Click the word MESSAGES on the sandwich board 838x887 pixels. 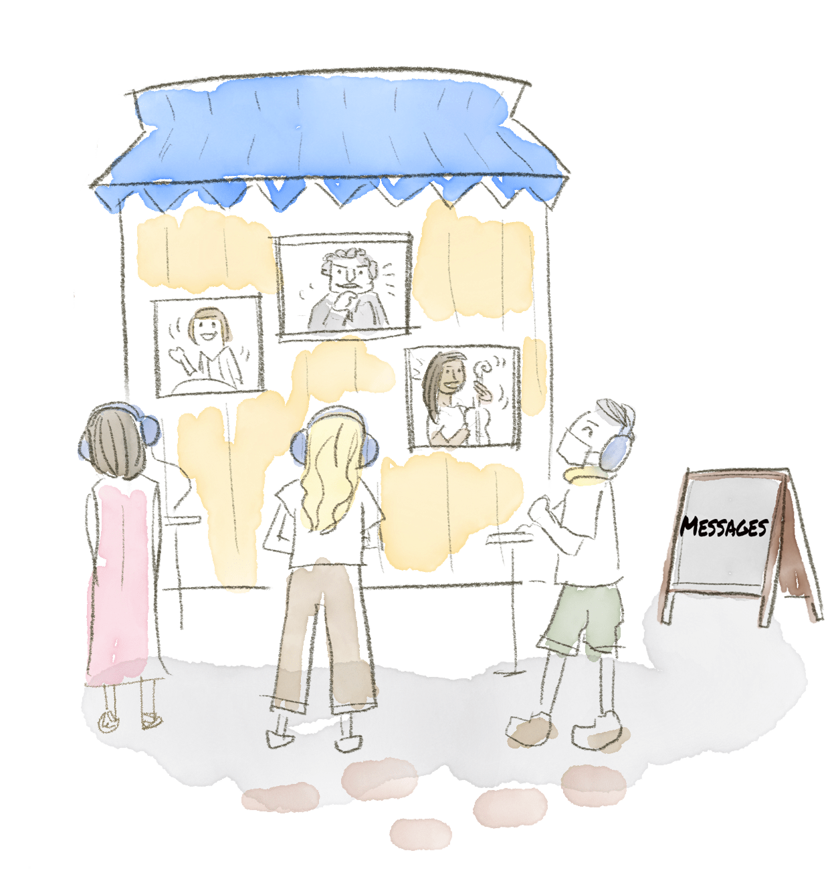pyautogui.click(x=724, y=527)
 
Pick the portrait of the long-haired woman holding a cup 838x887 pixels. pyautogui.click(x=463, y=397)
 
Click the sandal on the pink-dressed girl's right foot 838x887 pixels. pyautogui.click(x=151, y=720)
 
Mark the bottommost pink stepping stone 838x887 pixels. pyautogui.click(x=421, y=833)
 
